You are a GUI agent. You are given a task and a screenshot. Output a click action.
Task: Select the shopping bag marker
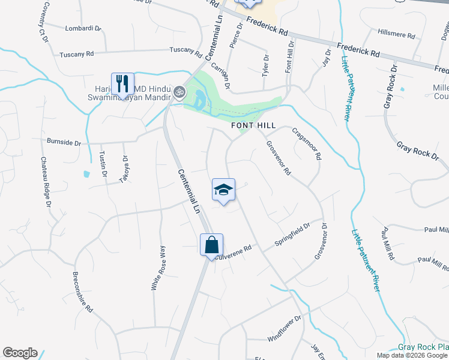point(211,245)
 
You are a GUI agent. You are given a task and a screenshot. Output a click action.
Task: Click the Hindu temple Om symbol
point(178,92)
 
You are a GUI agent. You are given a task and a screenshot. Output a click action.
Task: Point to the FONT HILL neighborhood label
point(253,125)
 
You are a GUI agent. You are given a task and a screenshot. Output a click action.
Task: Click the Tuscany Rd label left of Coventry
point(77,54)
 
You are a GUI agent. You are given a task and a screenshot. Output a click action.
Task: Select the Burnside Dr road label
point(64,142)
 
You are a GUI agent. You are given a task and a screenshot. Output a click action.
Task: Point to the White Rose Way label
point(157,268)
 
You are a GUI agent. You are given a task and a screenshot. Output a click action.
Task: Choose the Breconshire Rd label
point(82,293)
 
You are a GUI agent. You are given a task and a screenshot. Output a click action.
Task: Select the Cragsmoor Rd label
point(307,143)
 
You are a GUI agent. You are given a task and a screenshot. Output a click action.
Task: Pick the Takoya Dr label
point(125,169)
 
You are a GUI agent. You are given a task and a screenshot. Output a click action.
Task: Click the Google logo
point(20,353)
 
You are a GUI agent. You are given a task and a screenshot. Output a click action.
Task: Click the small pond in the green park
point(200,98)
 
